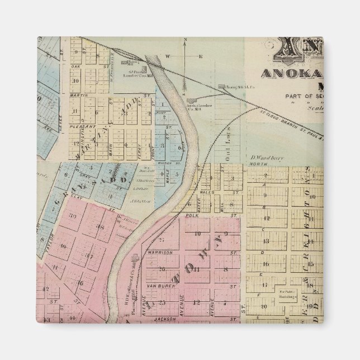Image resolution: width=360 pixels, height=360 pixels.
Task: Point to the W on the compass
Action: (x=167, y=56)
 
